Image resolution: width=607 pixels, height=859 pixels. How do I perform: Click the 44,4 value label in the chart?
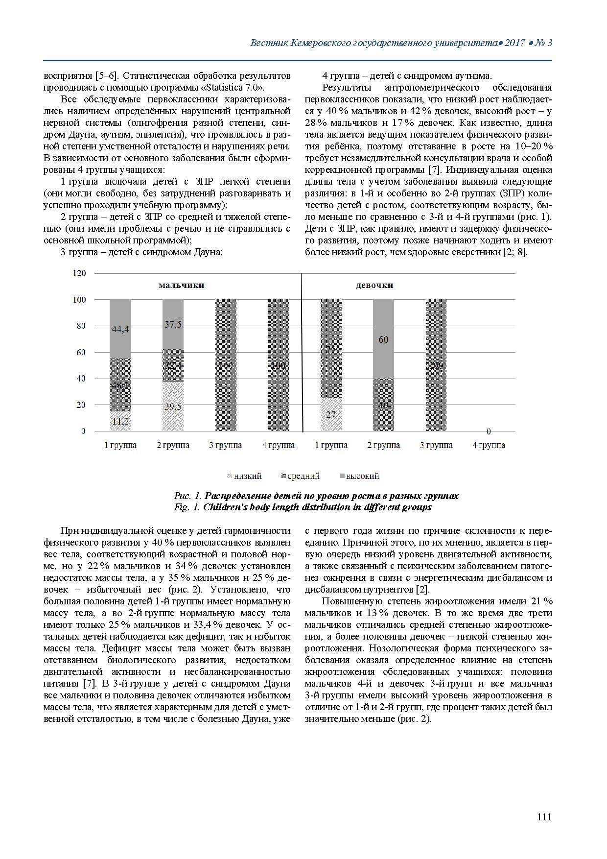click(x=120, y=329)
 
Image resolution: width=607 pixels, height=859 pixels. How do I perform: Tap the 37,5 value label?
click(x=173, y=324)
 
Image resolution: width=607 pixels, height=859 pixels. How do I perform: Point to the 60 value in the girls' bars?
click(x=383, y=339)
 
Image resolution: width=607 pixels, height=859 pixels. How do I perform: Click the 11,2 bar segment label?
click(x=120, y=421)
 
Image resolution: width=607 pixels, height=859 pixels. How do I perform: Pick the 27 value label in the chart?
click(x=331, y=415)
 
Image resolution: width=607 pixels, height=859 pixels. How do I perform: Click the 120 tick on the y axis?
click(x=79, y=273)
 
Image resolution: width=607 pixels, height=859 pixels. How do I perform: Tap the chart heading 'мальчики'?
click(x=181, y=285)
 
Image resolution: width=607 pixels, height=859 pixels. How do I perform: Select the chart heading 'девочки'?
click(x=374, y=285)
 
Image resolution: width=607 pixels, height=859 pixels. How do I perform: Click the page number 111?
click(x=544, y=817)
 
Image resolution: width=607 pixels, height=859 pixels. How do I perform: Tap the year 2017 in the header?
click(x=514, y=43)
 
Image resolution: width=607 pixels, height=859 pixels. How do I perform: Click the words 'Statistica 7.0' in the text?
click(x=231, y=88)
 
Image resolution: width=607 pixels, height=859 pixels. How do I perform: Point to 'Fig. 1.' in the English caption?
click(x=187, y=507)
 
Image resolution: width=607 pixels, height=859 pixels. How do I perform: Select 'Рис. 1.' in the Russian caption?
click(x=187, y=496)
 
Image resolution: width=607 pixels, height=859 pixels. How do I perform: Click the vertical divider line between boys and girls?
click(x=301, y=353)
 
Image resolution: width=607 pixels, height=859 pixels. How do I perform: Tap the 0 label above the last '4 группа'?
click(x=489, y=431)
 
